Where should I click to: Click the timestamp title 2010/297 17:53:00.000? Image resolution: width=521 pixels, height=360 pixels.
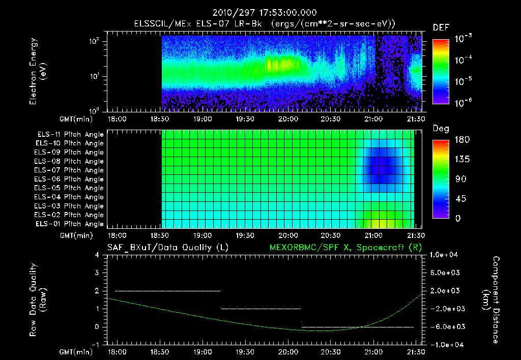(x=260, y=13)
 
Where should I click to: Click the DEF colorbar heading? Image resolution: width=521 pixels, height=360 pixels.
(x=440, y=27)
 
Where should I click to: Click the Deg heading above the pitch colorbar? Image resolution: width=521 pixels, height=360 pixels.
(x=440, y=129)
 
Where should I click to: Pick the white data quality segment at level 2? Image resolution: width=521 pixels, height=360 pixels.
(x=168, y=291)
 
